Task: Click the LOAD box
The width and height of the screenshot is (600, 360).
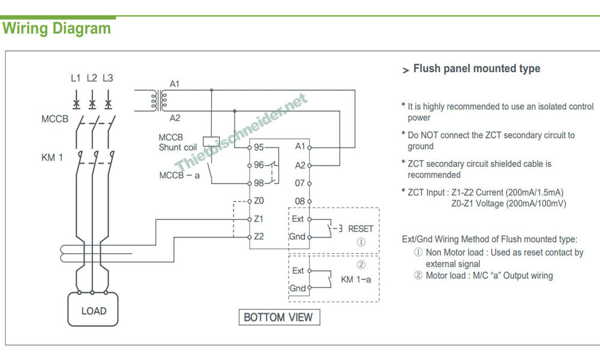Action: click(x=94, y=311)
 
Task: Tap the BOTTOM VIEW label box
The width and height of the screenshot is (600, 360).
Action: click(x=278, y=317)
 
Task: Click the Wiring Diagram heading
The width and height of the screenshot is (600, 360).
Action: click(x=56, y=28)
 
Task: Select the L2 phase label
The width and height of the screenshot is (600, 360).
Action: click(x=92, y=78)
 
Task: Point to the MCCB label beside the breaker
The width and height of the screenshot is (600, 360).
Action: click(x=55, y=119)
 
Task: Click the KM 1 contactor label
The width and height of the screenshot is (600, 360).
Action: click(x=52, y=158)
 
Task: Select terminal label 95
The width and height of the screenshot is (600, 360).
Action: click(x=259, y=146)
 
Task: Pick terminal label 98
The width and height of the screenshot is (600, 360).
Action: click(x=259, y=183)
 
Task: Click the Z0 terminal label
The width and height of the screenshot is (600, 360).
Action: click(x=259, y=201)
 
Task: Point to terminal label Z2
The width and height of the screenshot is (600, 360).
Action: click(x=259, y=236)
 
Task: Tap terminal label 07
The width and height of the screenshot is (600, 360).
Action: click(x=300, y=183)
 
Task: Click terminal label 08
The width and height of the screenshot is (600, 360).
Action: click(x=300, y=201)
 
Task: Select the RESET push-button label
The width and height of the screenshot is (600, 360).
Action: click(x=361, y=229)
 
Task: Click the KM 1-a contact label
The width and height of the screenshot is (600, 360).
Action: click(x=356, y=280)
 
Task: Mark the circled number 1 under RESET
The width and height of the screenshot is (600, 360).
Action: click(x=361, y=243)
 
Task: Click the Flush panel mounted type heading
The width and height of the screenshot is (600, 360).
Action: click(x=476, y=69)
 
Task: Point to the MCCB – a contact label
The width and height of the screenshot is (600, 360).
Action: click(x=179, y=176)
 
